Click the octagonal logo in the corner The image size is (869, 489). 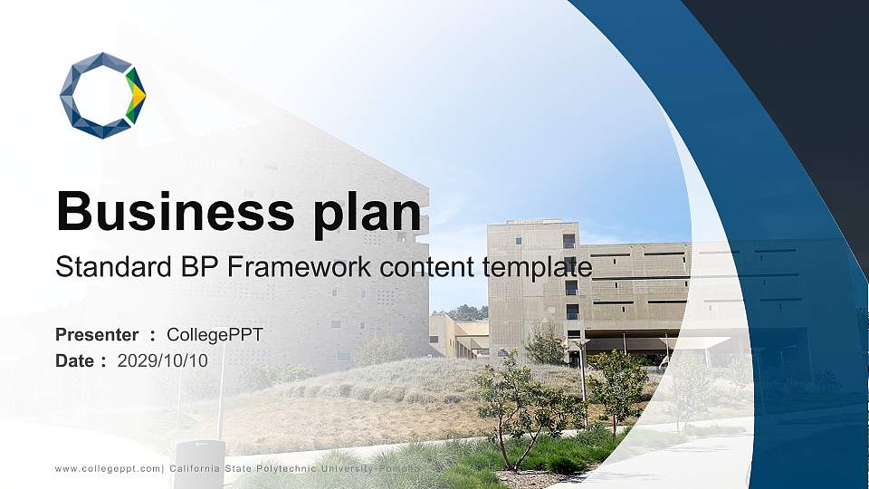tap(102, 95)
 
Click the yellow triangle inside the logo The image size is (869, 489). tap(137, 94)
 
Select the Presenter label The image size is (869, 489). tap(97, 335)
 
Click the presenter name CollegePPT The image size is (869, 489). tap(215, 335)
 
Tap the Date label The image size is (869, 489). tap(75, 360)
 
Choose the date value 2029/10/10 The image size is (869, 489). tap(163, 360)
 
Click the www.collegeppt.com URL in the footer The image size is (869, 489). tap(108, 468)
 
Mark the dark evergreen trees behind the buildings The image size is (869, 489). tap(466, 312)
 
